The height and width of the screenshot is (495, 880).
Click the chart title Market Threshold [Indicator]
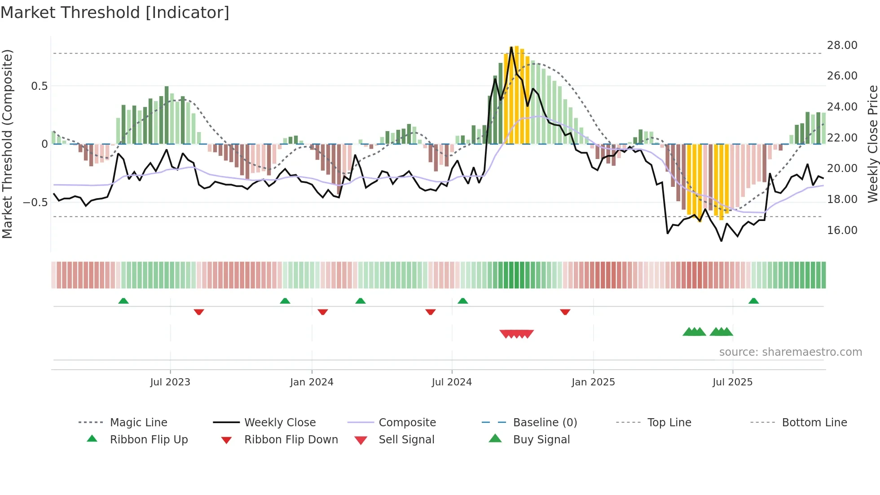click(115, 13)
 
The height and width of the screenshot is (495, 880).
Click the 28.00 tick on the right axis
click(842, 45)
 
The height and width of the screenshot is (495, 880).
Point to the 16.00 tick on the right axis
click(842, 230)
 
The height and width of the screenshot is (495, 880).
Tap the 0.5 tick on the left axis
click(39, 86)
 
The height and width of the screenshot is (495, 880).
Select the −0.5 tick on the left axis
click(35, 203)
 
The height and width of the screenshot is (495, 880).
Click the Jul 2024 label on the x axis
click(452, 382)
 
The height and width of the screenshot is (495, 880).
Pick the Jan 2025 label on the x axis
click(593, 382)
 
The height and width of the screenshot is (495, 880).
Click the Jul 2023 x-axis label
click(170, 382)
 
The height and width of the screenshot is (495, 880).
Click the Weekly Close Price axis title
click(872, 144)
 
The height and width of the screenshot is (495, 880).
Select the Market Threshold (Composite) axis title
click(7, 144)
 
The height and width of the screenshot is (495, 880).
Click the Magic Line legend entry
click(138, 423)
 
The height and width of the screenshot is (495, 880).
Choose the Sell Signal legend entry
click(406, 440)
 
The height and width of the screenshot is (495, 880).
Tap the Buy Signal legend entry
click(541, 440)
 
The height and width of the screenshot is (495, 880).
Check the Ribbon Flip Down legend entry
click(291, 440)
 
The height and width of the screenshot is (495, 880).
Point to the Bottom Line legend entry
click(814, 423)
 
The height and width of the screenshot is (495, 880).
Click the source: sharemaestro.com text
click(790, 352)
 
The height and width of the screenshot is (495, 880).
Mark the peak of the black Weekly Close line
click(511, 47)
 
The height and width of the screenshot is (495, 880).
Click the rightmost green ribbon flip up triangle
click(753, 301)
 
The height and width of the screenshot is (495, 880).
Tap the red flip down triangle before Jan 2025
click(565, 312)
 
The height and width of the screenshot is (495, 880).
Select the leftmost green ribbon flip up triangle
click(123, 301)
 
